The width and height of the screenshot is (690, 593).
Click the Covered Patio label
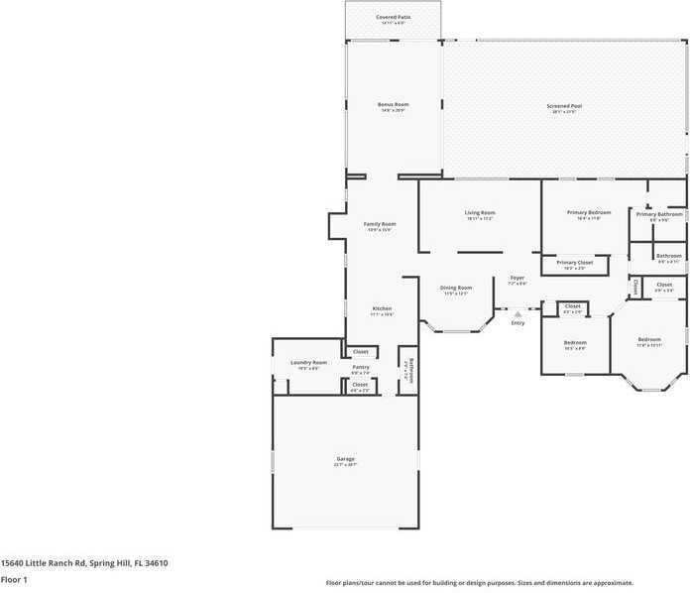[x=394, y=17]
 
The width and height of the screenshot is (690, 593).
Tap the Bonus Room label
[x=394, y=104]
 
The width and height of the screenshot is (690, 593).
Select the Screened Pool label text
[x=564, y=105]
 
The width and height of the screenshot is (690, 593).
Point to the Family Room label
[x=380, y=224]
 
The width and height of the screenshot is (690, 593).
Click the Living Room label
[x=480, y=212]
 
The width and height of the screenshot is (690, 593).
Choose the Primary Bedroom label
[x=589, y=212]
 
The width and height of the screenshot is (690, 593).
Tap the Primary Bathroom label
[x=659, y=214]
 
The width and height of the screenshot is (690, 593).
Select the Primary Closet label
[x=575, y=262]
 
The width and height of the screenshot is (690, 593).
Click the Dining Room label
[x=456, y=288]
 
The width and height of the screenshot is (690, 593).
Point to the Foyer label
[x=517, y=278]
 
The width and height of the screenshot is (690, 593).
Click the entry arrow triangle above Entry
[x=517, y=313]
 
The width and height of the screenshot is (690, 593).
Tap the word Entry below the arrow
[x=517, y=323]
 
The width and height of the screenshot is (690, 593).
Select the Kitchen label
[x=382, y=308]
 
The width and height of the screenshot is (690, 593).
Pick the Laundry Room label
[x=308, y=363]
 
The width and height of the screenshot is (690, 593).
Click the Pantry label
[x=361, y=367]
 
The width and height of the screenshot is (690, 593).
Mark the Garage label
[x=345, y=459]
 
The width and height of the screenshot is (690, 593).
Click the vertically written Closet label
[x=634, y=287]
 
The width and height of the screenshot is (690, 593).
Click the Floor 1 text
[x=14, y=579]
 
